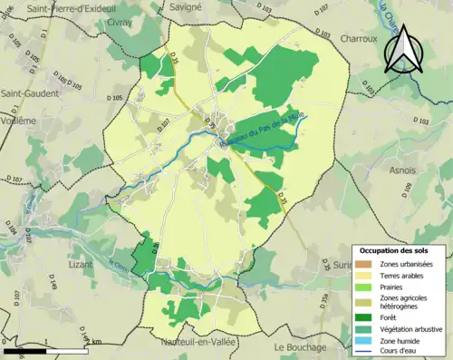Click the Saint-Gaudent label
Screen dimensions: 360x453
pyautogui.click(x=30, y=93)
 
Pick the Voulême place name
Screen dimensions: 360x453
pyautogui.click(x=18, y=120)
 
